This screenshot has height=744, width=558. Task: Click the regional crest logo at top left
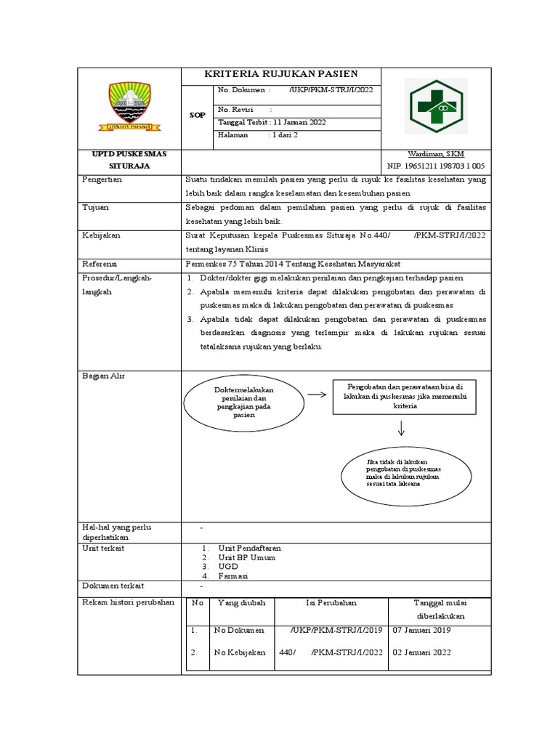click(129, 106)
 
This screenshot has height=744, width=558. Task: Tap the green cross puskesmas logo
click(437, 106)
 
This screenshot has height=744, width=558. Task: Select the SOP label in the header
click(197, 116)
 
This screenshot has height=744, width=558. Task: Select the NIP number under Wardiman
click(437, 166)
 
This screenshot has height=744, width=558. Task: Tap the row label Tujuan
click(96, 207)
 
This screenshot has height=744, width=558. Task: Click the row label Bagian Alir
click(104, 376)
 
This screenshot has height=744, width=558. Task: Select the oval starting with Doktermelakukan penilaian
click(240, 403)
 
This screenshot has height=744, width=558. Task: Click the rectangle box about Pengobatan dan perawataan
click(405, 396)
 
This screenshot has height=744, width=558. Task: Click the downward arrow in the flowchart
click(400, 429)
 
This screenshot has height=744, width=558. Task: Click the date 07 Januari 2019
click(422, 630)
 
